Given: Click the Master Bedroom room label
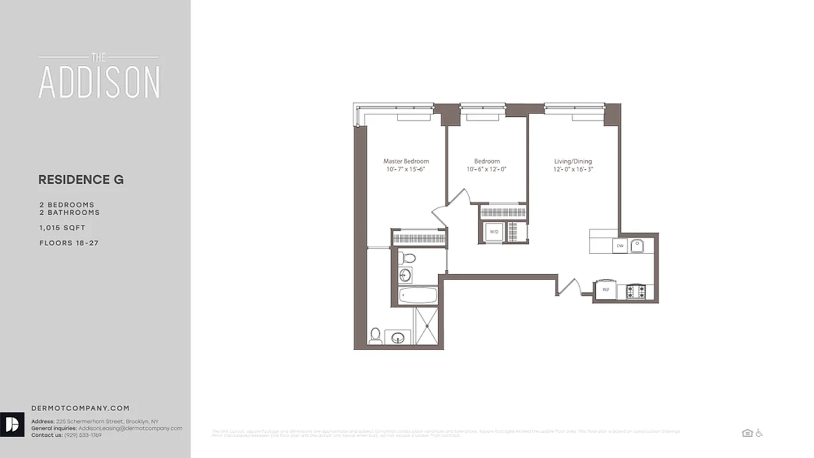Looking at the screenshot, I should click(x=406, y=161).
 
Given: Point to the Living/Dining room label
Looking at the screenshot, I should click(x=572, y=161).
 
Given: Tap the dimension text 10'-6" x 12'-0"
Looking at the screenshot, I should click(x=487, y=169).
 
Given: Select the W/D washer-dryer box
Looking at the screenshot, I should click(x=493, y=231).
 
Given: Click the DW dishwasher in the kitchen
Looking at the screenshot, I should click(x=619, y=246).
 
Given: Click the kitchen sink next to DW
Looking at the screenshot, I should click(x=638, y=246).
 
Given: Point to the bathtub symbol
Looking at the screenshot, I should click(x=418, y=296).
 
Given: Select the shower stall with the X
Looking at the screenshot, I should click(x=426, y=326).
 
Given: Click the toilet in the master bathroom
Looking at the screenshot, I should click(x=375, y=335).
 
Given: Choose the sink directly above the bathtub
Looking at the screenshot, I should click(x=405, y=275).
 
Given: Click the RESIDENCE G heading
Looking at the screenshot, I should click(x=81, y=180).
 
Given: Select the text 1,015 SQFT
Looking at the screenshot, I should click(x=62, y=228).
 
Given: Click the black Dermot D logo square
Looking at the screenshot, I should click(x=12, y=424).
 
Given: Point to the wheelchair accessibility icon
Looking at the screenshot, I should click(x=759, y=433).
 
